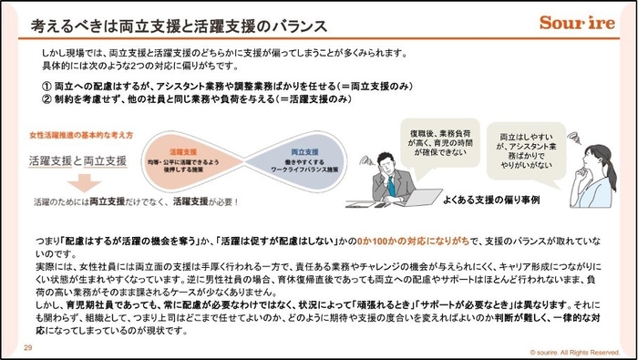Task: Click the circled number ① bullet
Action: [x=46, y=84]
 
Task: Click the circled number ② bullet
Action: [x=46, y=98]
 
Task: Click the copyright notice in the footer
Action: [x=571, y=351]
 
